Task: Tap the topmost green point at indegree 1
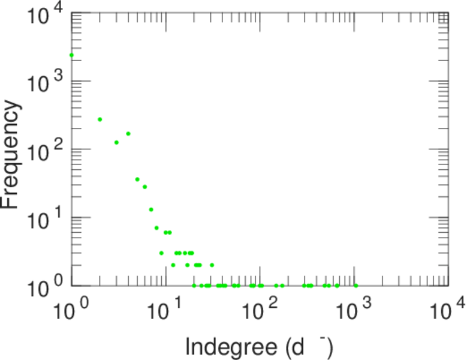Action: [x=71, y=55]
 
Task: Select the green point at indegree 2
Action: [x=100, y=119]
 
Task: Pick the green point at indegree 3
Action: [x=116, y=142]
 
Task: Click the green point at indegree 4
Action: [x=128, y=133]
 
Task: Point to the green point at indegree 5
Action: [x=137, y=179]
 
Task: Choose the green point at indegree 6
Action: [x=144, y=187]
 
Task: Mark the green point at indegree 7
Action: [x=151, y=209]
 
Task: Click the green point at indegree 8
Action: [x=156, y=228]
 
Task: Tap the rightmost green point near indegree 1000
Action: [x=356, y=286]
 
